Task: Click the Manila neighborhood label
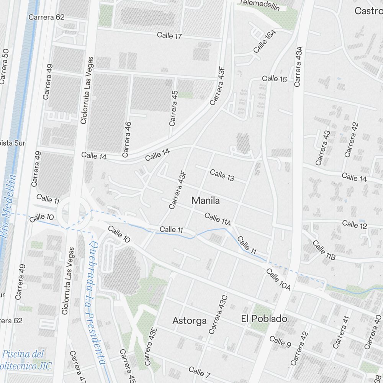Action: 206,200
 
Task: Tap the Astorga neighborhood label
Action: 189,321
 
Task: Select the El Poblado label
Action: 264,319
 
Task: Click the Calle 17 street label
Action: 169,36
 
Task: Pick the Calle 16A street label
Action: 265,41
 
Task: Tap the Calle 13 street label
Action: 222,175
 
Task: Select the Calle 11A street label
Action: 218,219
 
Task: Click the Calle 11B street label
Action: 324,250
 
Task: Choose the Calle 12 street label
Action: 355,224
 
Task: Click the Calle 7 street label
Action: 200,371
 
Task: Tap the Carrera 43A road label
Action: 299,67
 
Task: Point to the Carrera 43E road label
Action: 151,346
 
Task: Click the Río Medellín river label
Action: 8,207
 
